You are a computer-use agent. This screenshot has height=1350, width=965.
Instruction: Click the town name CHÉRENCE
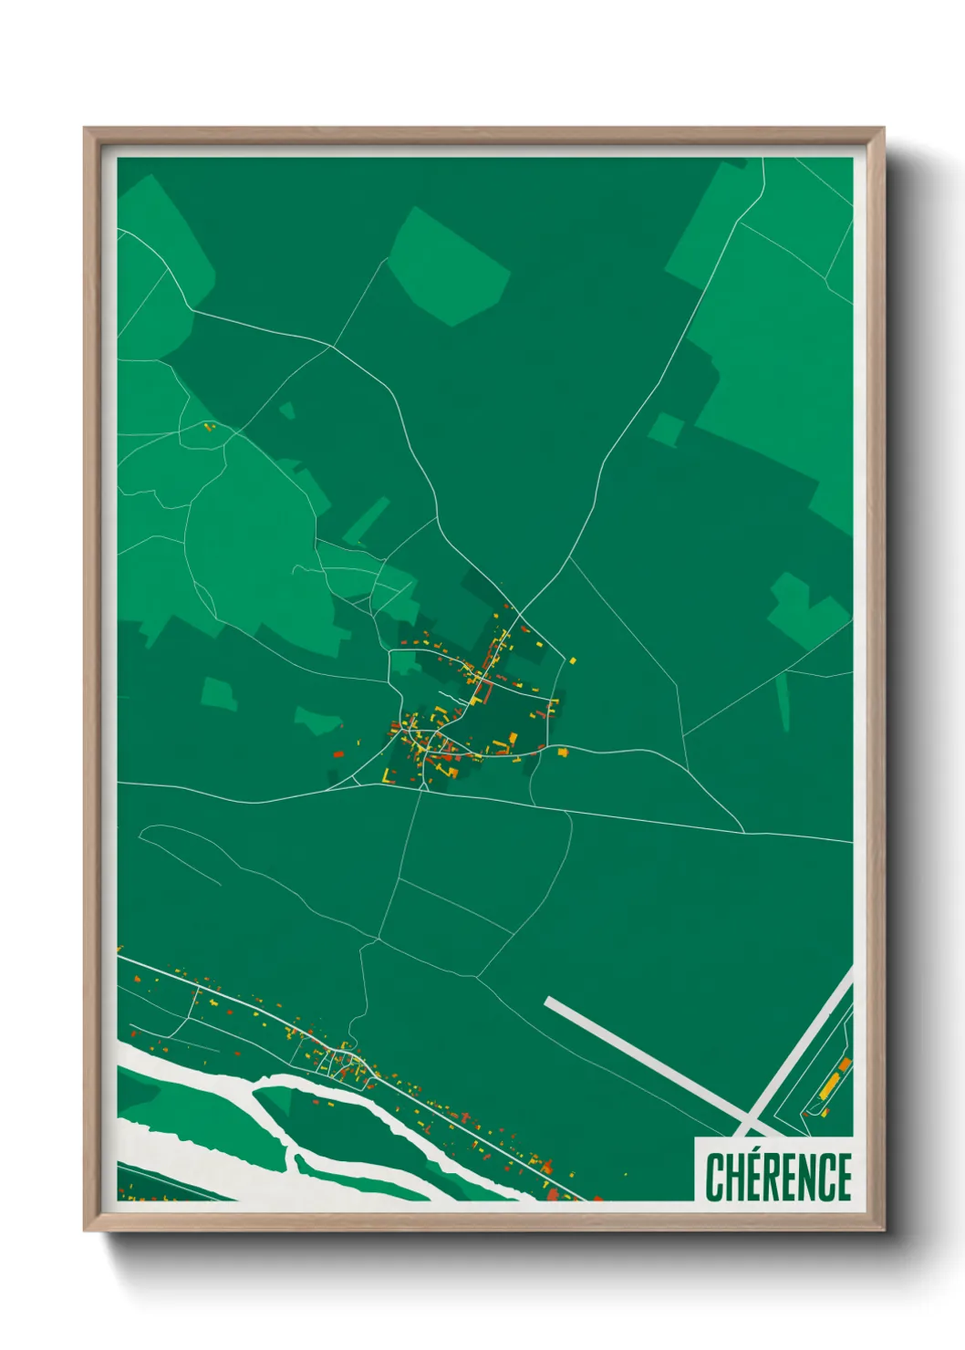778,1177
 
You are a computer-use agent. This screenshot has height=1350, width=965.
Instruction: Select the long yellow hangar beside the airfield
829,1085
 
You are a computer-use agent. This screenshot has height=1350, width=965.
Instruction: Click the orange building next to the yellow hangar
846,1064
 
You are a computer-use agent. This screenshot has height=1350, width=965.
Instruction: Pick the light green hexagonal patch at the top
449,265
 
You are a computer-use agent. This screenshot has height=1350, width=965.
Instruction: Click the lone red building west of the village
337,754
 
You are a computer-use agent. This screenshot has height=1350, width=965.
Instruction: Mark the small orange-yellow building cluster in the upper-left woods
209,426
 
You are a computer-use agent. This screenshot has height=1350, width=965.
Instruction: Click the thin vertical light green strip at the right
783,702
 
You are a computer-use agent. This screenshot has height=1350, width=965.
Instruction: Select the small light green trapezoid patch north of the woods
286,410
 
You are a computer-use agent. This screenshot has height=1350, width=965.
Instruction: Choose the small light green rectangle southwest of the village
219,693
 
